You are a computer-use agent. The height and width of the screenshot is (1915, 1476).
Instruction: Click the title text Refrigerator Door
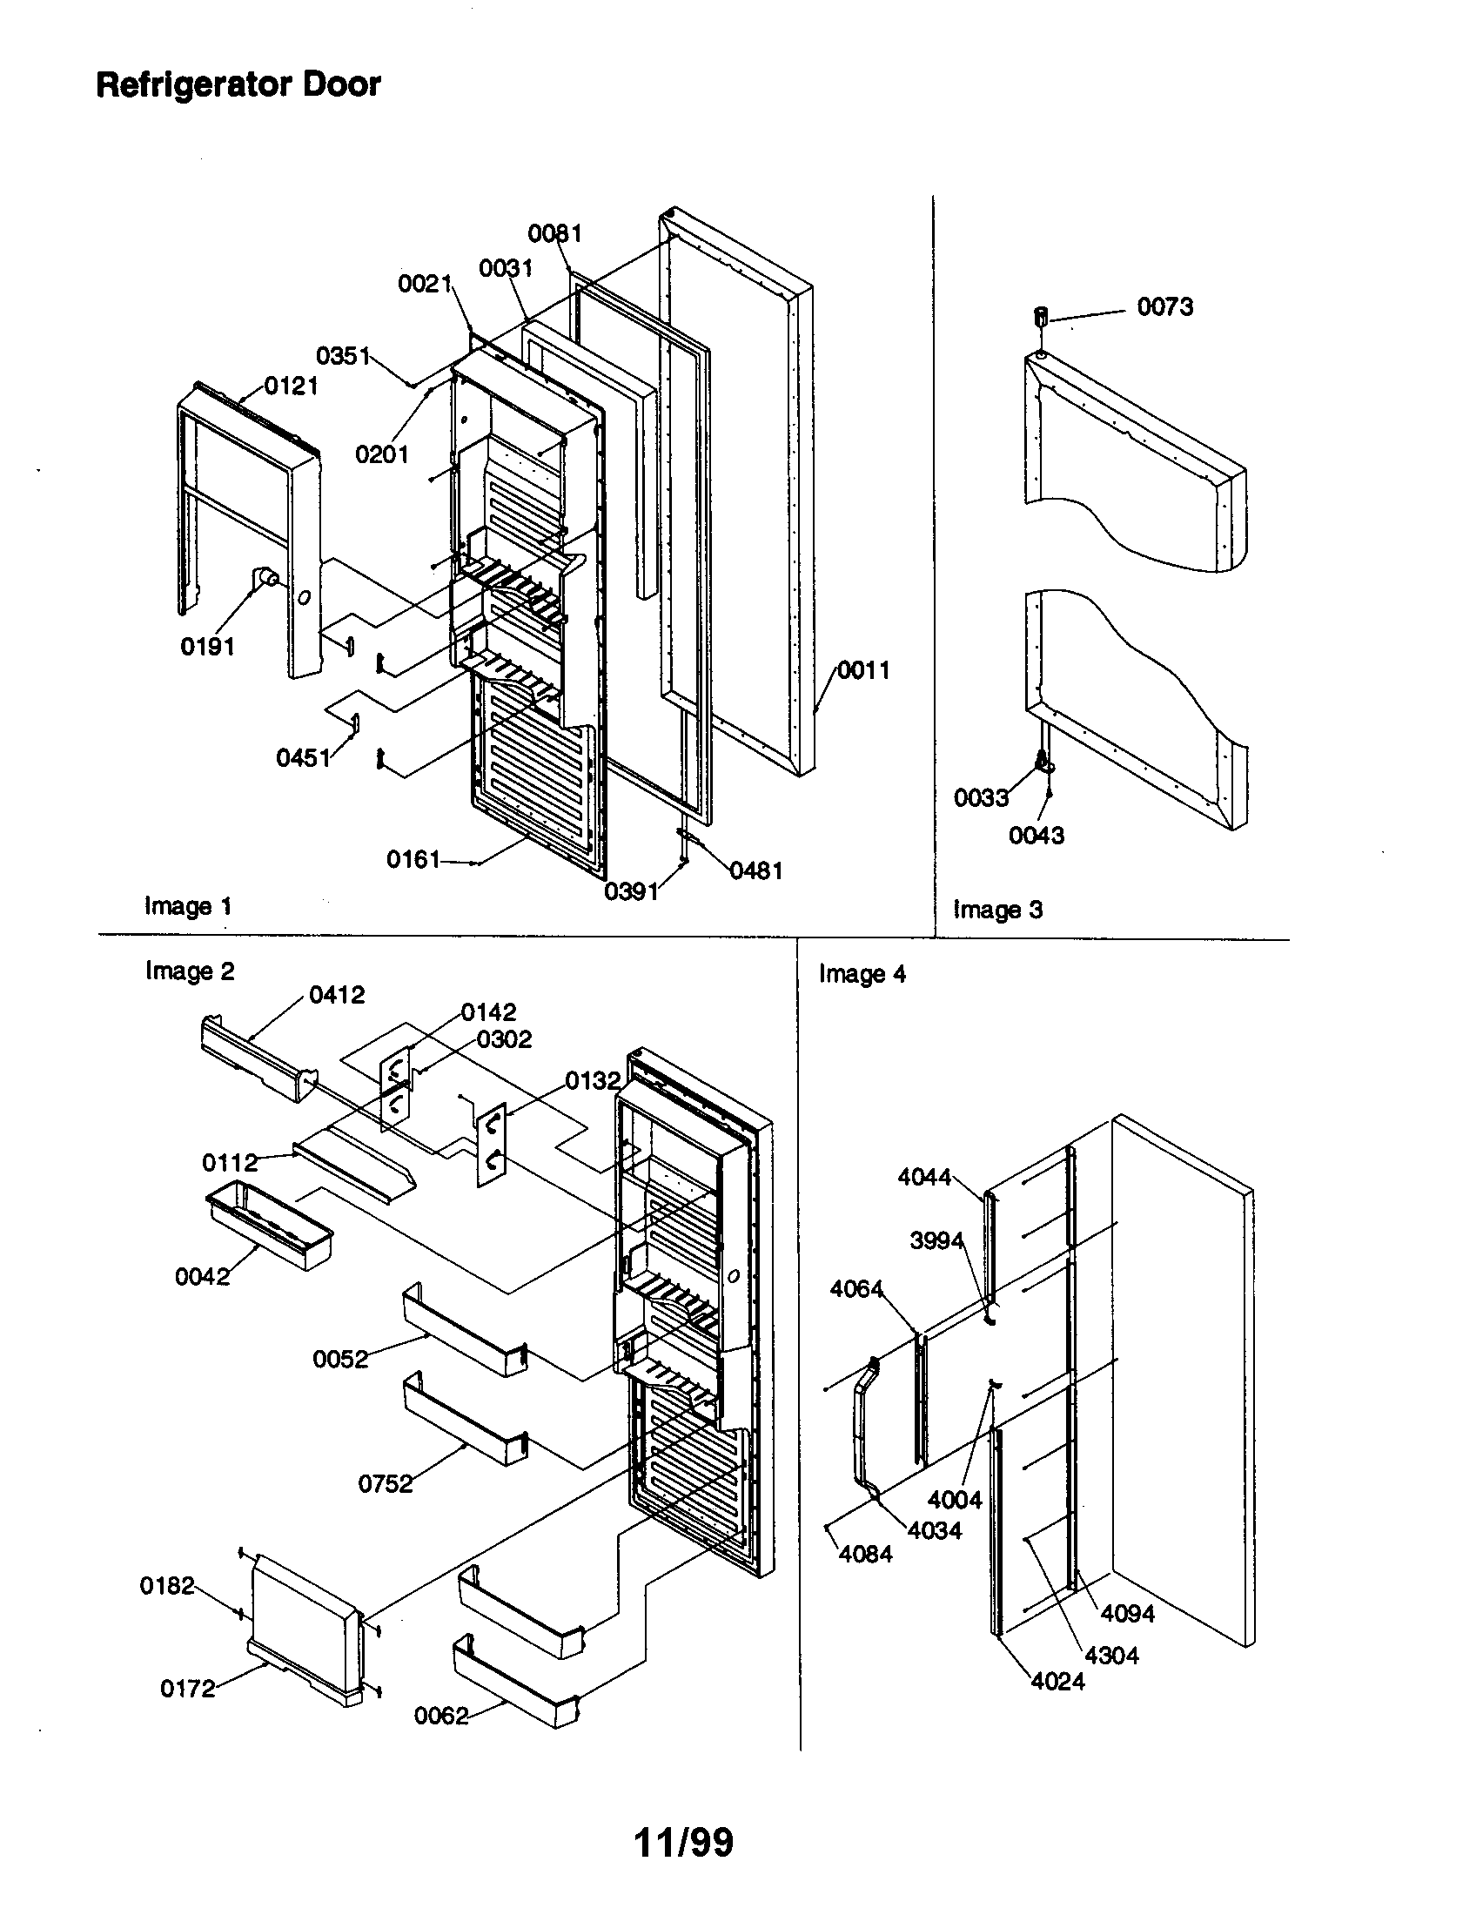coord(238,85)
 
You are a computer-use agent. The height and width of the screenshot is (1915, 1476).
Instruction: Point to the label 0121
coord(291,386)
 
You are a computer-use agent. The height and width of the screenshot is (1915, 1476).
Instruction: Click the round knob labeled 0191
coord(265,578)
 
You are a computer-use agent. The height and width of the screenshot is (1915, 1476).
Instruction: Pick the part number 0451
coord(303,757)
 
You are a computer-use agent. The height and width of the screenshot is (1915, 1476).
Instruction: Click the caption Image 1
coord(188,906)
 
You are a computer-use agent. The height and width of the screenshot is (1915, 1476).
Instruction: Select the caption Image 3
coord(997,910)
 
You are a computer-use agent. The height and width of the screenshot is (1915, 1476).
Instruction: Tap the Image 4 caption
coord(862,974)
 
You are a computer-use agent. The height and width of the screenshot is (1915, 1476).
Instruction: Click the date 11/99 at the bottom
coord(683,1842)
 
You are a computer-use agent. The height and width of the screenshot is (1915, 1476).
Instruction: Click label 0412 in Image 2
coord(337,995)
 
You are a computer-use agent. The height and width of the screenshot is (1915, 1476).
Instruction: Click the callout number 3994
coord(936,1240)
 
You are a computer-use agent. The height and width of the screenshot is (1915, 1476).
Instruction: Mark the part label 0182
coord(166,1585)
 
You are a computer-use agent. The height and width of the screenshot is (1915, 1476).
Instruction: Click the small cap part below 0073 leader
coord(1041,316)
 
